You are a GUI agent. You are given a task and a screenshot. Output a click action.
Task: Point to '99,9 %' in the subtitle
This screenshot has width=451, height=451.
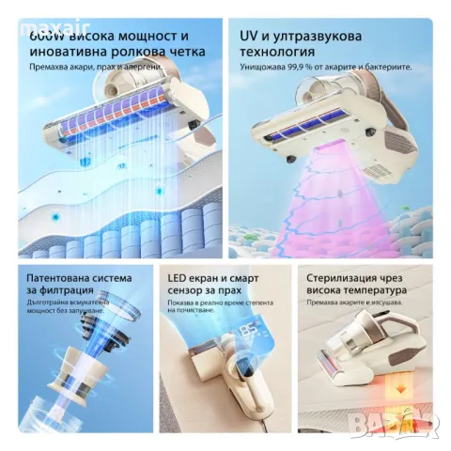(308, 70)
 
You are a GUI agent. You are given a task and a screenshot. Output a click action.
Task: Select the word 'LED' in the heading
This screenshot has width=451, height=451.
(176, 278)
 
